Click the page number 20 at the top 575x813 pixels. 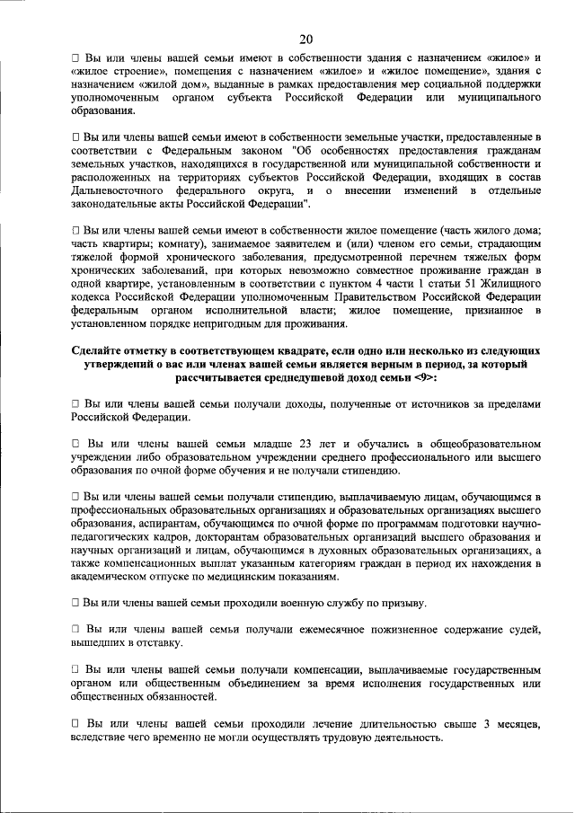306,38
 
